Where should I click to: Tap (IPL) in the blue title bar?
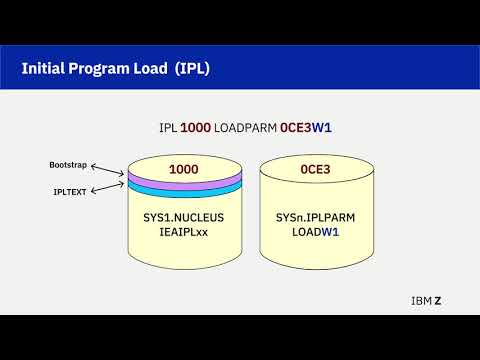tap(191, 68)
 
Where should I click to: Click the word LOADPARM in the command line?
tap(250, 128)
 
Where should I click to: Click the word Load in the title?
tap(150, 68)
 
